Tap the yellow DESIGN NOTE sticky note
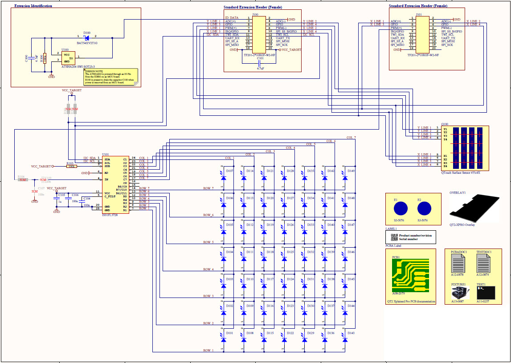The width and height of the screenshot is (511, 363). coord(110,77)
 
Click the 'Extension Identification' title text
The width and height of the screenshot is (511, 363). coord(33,6)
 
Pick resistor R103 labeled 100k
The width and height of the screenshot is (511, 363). coord(71,166)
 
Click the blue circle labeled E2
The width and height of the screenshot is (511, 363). coord(424,208)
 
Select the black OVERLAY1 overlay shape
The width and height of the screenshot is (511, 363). coord(477,208)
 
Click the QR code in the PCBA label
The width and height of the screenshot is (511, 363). coord(394,237)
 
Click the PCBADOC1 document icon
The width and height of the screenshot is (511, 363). coord(458,264)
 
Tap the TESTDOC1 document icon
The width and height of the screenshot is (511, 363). coord(483,264)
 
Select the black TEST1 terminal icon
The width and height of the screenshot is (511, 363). coord(486,293)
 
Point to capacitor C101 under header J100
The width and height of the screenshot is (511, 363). coord(261,62)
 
